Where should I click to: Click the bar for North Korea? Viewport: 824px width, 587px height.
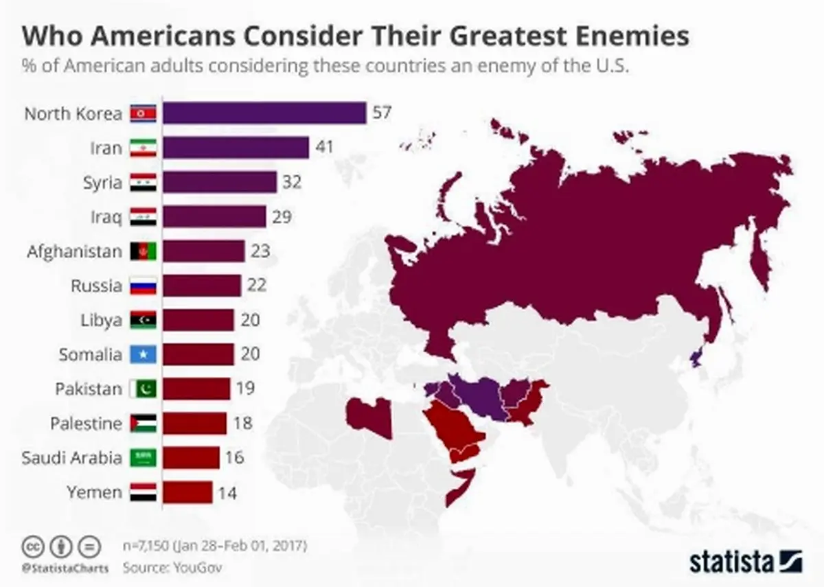pos(264,113)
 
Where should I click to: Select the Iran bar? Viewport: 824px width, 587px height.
pos(236,148)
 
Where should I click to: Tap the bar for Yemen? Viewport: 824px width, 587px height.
pos(187,492)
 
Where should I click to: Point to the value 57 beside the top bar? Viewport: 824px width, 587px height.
pos(382,113)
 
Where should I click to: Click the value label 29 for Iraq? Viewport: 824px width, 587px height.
pos(282,217)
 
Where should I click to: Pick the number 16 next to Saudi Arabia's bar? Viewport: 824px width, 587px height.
pos(234,457)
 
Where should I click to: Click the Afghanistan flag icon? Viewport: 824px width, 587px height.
pos(144,251)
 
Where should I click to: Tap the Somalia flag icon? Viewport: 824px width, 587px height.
pos(144,354)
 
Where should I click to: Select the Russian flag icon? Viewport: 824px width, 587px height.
pos(144,286)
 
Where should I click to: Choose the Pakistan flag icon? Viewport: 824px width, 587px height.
pos(144,389)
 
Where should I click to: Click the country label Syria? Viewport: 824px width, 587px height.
pos(106,183)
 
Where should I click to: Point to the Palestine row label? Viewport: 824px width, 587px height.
pos(86,424)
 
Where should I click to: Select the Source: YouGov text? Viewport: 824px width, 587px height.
pos(173,568)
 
